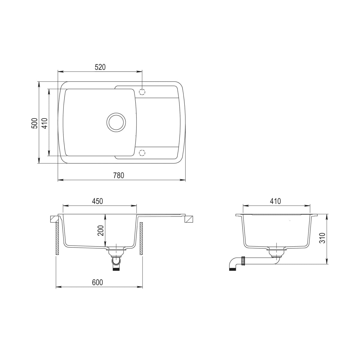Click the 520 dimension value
pos(100,67)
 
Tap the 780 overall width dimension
pos(118,175)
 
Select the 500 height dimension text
pos(34,123)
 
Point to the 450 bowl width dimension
pos(97,201)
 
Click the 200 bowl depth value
pos(101,230)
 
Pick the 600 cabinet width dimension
pos(97,282)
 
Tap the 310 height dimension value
pos(322,238)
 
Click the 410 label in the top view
pos(44,123)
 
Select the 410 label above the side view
pos(275,201)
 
